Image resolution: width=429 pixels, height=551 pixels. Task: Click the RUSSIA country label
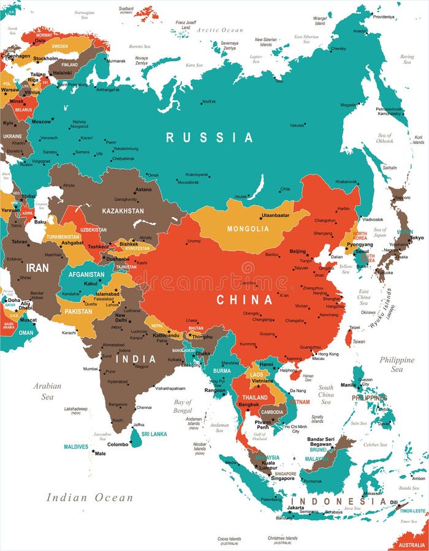[x=209, y=138]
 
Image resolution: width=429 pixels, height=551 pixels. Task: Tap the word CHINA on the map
[x=244, y=300]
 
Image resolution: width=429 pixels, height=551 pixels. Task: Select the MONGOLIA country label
[x=248, y=229]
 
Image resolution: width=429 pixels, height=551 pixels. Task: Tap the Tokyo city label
[x=416, y=238]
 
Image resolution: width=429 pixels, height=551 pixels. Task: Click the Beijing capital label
[x=297, y=252]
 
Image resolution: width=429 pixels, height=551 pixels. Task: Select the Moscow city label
[x=41, y=121]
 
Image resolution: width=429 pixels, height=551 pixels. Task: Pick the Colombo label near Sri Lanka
[x=118, y=444]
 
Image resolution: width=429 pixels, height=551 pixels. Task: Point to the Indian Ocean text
[x=89, y=497]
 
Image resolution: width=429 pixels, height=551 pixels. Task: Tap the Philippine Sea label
[x=397, y=364]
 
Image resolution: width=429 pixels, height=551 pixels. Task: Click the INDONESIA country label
[x=338, y=501]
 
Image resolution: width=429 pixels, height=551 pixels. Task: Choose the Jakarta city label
[x=295, y=508]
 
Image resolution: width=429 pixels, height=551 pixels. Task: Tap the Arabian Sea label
[x=48, y=391]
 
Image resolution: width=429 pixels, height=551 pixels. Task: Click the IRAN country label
[x=37, y=268]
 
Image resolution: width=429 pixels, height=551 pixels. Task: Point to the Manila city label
[x=347, y=384]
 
